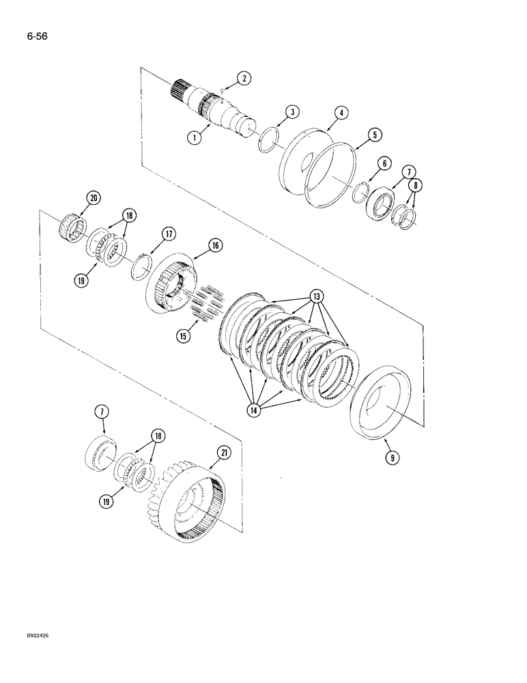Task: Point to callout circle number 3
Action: click(x=291, y=111)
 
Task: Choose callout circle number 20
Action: click(x=94, y=198)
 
